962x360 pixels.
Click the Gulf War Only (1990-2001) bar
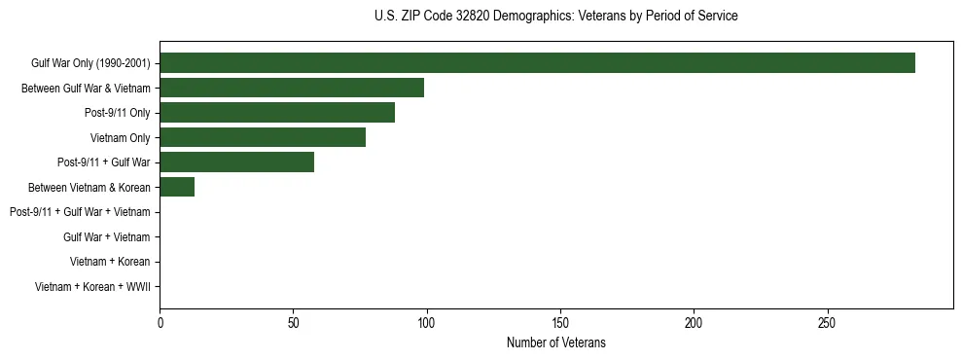(537, 63)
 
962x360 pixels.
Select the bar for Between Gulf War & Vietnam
(292, 89)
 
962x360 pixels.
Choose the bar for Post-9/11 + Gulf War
(236, 162)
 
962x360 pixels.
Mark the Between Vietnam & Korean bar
(177, 187)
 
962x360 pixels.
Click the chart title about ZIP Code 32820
(555, 17)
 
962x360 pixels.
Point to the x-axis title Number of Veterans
(555, 343)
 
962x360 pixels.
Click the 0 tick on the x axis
(160, 322)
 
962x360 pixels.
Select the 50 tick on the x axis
(293, 322)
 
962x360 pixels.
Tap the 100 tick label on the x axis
(426, 322)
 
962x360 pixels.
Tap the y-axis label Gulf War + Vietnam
(106, 237)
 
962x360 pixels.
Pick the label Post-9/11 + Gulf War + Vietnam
(80, 212)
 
